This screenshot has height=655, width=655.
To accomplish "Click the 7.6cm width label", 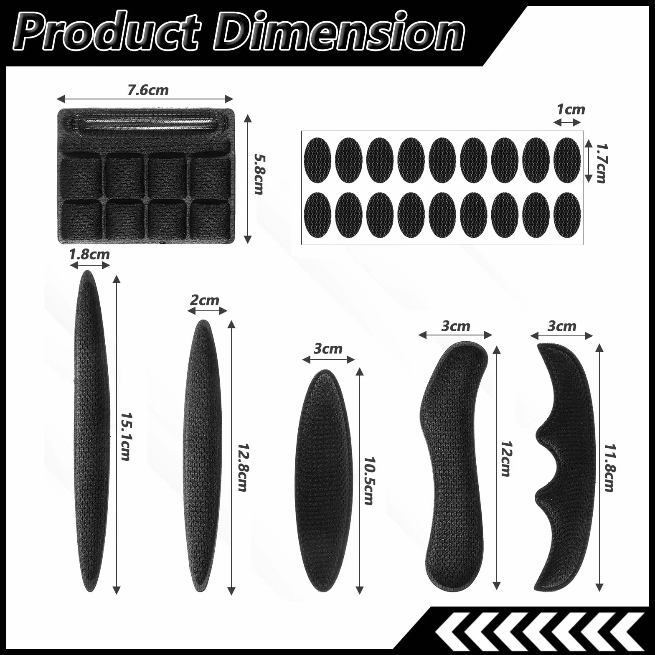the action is [x=148, y=90].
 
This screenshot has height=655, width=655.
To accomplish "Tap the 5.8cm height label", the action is [x=259, y=174].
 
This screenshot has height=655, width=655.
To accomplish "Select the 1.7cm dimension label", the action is [x=601, y=163].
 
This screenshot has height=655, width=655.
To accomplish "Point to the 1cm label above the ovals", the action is [x=571, y=109].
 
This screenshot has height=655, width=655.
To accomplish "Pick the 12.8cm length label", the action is [x=243, y=467].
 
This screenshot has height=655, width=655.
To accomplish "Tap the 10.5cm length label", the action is [x=369, y=481].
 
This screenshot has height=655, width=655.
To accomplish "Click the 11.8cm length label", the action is [x=610, y=468].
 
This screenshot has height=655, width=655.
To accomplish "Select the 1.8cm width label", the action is [x=89, y=254].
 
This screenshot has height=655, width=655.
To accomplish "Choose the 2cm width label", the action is [x=204, y=300].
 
